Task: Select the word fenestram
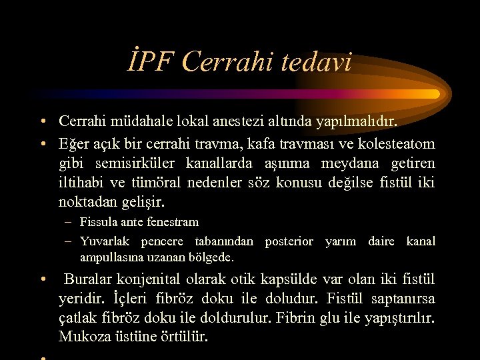(x=174, y=222)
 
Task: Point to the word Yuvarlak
(x=101, y=241)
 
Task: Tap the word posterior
(x=289, y=241)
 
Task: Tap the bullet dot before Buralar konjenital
(x=42, y=279)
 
